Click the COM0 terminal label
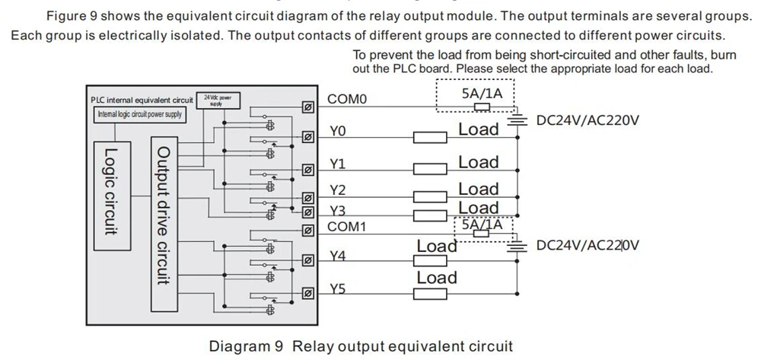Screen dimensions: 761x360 pyautogui.click(x=348, y=100)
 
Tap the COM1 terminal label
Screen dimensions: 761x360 pyautogui.click(x=346, y=227)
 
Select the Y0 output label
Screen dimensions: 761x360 pyautogui.click(x=338, y=132)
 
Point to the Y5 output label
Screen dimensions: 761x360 pyautogui.click(x=339, y=290)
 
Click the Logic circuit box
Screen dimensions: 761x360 pyautogui.click(x=112, y=196)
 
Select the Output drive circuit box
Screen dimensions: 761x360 pyautogui.click(x=164, y=224)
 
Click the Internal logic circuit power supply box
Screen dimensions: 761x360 pyautogui.click(x=140, y=115)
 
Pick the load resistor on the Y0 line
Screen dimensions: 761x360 pyautogui.click(x=429, y=138)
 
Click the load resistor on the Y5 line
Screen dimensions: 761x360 pyautogui.click(x=429, y=294)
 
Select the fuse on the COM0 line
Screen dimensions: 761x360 pyautogui.click(x=482, y=107)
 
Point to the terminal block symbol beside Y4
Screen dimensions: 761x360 pyautogui.click(x=307, y=261)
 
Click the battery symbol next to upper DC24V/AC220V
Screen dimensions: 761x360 pyautogui.click(x=517, y=119)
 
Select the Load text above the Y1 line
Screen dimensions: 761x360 pyautogui.click(x=479, y=162)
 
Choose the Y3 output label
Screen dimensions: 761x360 pyautogui.click(x=338, y=211)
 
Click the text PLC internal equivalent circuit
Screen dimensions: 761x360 pyautogui.click(x=142, y=100)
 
